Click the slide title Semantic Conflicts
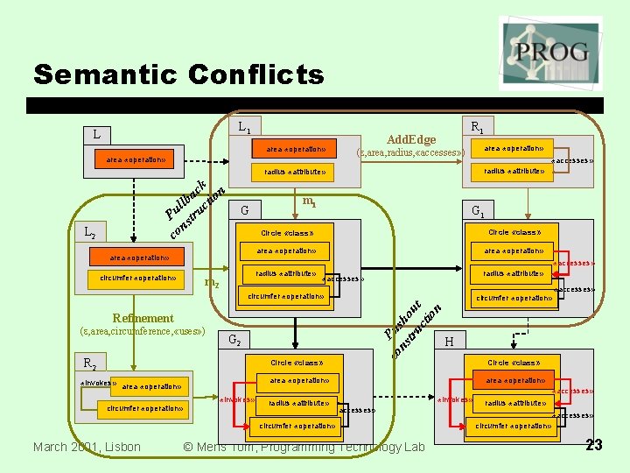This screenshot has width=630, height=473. click(x=178, y=74)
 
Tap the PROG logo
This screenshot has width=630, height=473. click(x=550, y=53)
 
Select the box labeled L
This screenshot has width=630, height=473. click(x=97, y=135)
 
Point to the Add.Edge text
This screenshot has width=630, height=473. click(x=411, y=139)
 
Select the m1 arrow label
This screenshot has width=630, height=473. click(x=308, y=202)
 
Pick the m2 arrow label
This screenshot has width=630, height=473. click(x=211, y=281)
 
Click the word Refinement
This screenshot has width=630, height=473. click(x=143, y=318)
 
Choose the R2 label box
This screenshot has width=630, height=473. click(x=90, y=363)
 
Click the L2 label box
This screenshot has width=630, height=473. click(x=90, y=234)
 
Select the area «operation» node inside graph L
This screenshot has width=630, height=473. click(x=136, y=160)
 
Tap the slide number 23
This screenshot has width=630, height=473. click(x=594, y=446)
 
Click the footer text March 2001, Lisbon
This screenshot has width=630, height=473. click(x=86, y=447)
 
